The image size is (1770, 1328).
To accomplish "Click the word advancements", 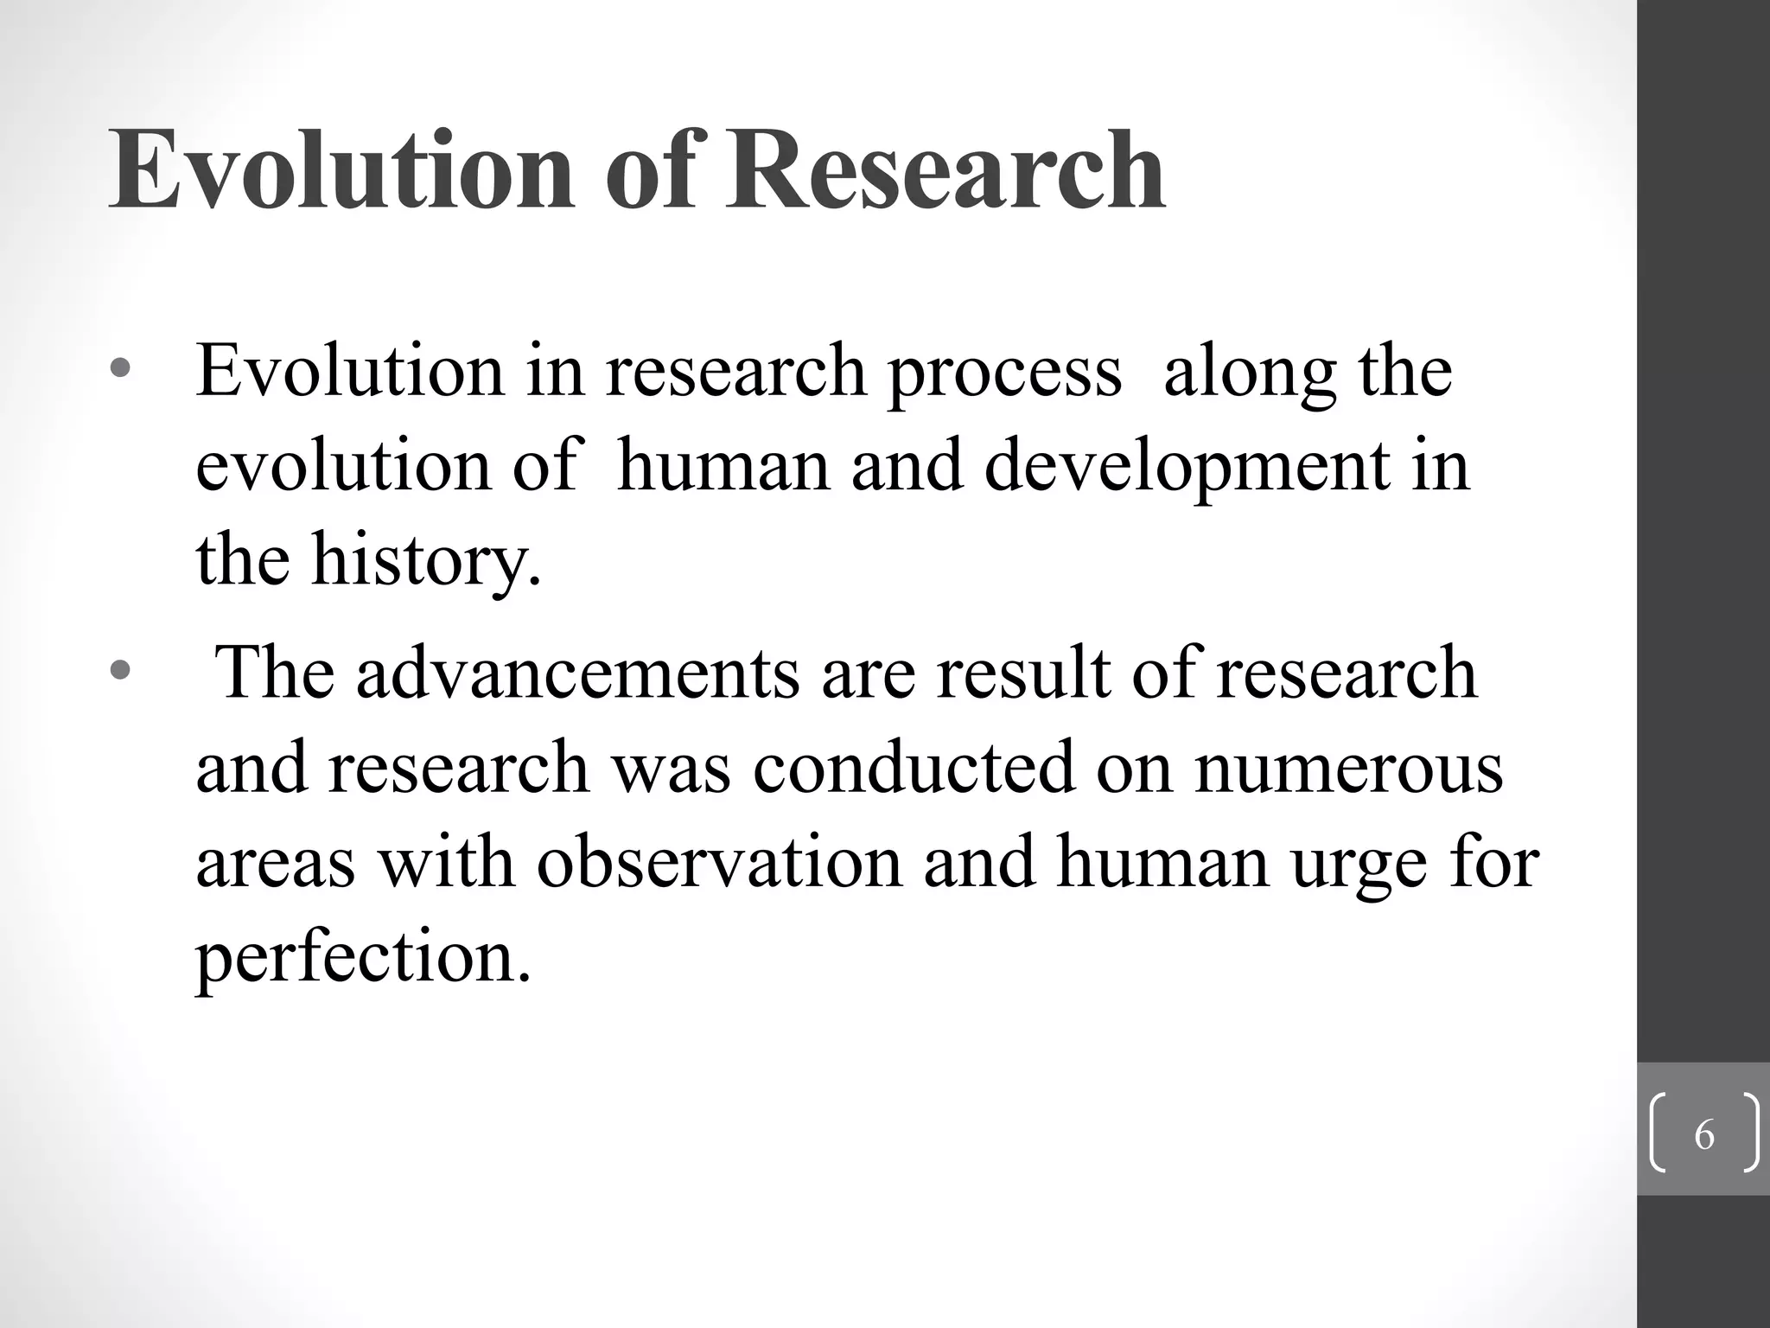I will point(577,674).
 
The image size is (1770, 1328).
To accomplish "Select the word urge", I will point(1358,865).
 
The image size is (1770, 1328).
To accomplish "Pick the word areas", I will point(276,864).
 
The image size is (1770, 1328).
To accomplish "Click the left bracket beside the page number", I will point(1658,1133).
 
